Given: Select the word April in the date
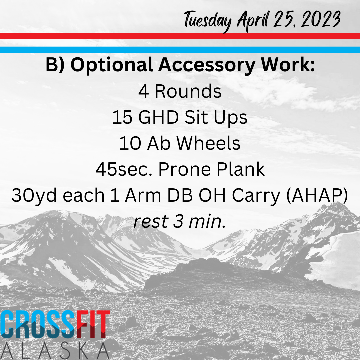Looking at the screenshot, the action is click(253, 21).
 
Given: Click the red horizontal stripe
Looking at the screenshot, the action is click(180, 36).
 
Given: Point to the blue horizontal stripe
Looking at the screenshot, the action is click(180, 50).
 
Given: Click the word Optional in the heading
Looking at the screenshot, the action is click(112, 65).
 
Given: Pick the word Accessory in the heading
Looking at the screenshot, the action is click(207, 65).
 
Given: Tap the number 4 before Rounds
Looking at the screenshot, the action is click(143, 91).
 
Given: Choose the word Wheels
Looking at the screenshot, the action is click(208, 143).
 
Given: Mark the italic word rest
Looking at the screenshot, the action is click(151, 222).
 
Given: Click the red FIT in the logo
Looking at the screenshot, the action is click(93, 324).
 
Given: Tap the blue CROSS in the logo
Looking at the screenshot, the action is click(38, 324).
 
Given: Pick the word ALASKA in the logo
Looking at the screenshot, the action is click(55, 351).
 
